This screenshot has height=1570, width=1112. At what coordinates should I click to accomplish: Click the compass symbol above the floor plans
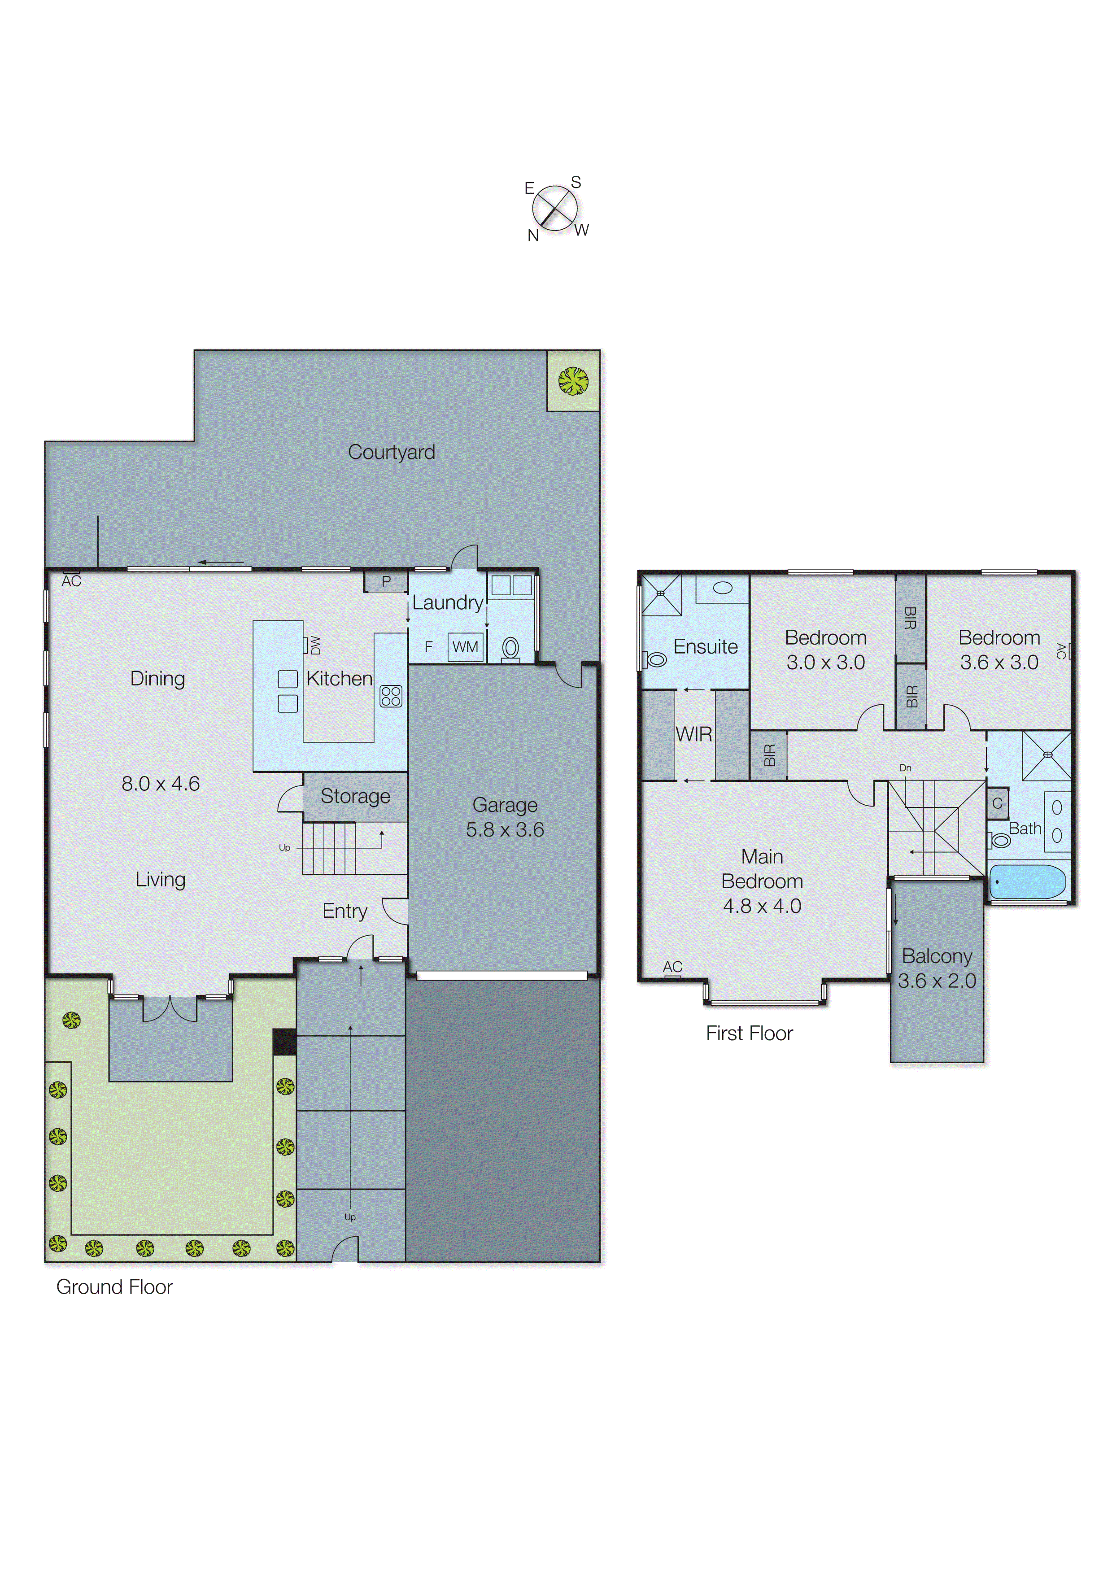[554, 208]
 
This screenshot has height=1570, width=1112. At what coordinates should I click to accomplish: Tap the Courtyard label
[391, 452]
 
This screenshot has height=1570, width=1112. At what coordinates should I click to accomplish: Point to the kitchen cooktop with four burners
[391, 696]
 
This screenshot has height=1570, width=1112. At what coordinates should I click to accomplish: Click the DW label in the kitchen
[315, 645]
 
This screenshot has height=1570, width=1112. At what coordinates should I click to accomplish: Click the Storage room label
[355, 796]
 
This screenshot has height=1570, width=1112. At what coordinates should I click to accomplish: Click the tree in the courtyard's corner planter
[573, 381]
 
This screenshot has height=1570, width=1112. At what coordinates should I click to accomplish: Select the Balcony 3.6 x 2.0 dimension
[937, 981]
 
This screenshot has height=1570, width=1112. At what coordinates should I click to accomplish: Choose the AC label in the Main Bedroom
[672, 967]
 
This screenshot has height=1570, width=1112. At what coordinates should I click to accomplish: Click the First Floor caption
[749, 1033]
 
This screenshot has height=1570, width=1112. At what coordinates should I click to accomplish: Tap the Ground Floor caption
[114, 1287]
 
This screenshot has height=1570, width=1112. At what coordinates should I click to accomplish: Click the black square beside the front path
[284, 1042]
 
